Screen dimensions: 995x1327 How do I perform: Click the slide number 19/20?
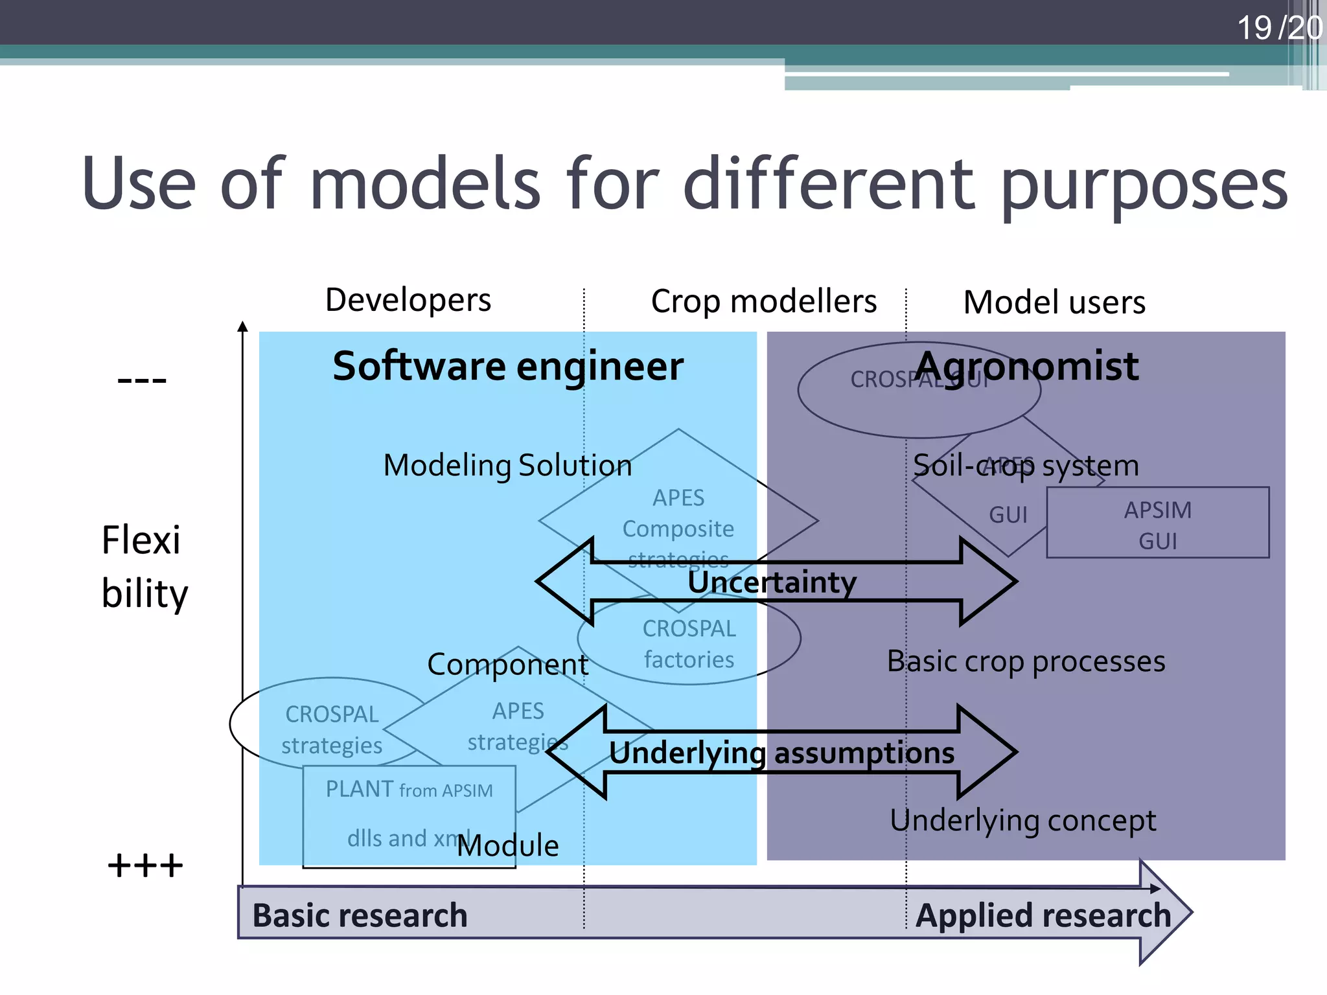coord(1278,29)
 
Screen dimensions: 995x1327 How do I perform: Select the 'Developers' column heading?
coord(408,301)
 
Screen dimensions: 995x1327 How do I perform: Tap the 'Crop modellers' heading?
coord(763,302)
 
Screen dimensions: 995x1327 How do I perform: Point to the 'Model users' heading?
coord(1054,303)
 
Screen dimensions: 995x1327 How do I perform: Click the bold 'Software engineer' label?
coord(508,367)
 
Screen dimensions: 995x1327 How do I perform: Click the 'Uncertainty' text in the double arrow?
coord(772,582)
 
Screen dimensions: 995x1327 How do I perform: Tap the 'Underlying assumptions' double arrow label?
coord(781,753)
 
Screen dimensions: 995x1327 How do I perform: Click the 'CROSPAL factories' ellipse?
coord(689,644)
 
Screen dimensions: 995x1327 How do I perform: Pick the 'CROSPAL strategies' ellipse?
coord(332,729)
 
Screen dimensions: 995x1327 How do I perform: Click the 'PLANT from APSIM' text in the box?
coord(409,790)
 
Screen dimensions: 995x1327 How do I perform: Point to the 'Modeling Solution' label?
coord(507,466)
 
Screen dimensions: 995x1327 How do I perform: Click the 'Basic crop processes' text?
coord(1026,662)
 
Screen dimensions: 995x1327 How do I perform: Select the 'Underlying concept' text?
coord(1022,821)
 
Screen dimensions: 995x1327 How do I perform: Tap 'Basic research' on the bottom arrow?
coord(360,915)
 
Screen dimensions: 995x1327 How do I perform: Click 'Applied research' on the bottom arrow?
coord(1043,915)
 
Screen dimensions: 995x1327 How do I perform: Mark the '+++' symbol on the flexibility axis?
coord(145,866)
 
